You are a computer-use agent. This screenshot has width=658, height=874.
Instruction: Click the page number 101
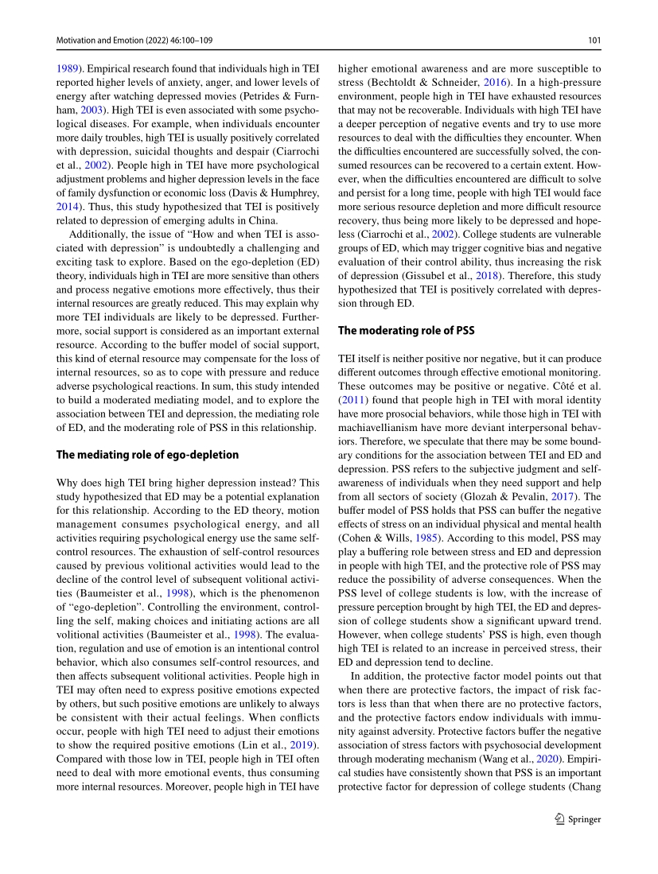point(593,40)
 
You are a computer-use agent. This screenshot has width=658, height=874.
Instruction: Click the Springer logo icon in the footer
point(560,819)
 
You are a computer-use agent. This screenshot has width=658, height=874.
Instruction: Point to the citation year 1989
point(68,69)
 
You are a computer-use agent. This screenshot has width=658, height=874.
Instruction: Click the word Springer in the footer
point(586,819)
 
